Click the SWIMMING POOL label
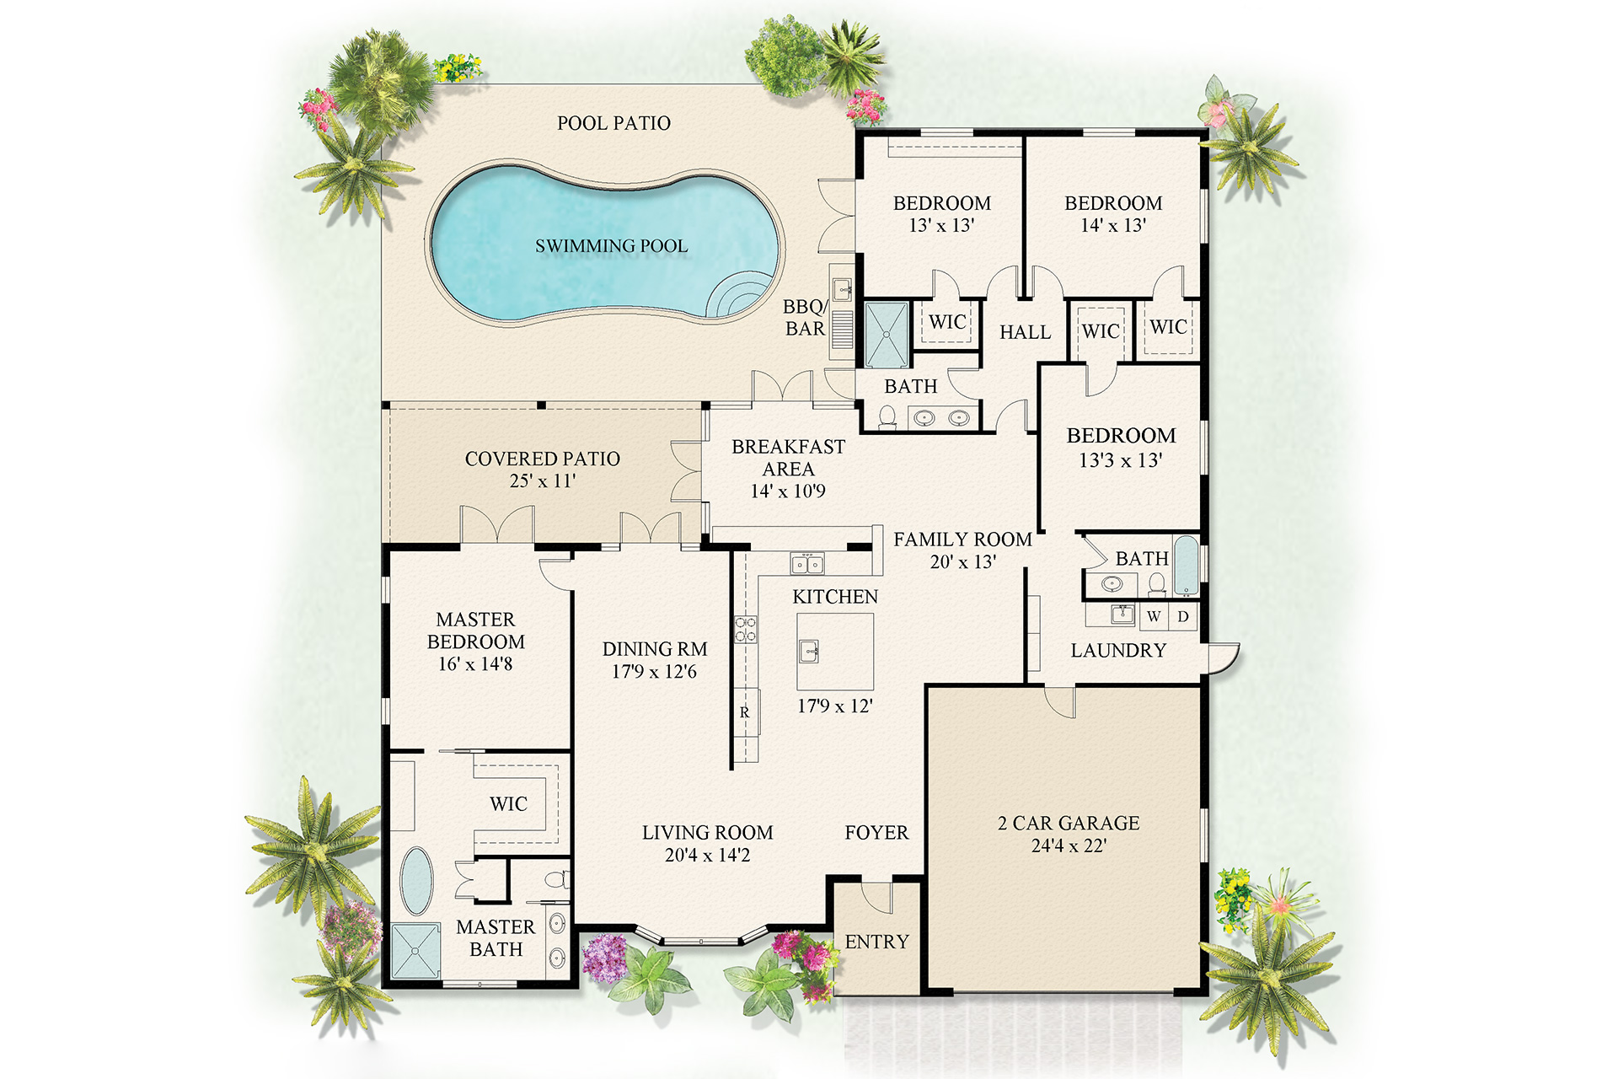[611, 246]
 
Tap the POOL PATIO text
[613, 123]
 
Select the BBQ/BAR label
[804, 318]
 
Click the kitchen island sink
[808, 651]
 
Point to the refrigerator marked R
[745, 712]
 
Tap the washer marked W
[1154, 616]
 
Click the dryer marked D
[1183, 616]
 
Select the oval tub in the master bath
[415, 881]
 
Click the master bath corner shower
[415, 951]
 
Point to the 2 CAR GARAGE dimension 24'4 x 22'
[1069, 845]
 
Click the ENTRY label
[876, 942]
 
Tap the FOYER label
[876, 833]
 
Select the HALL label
[1025, 332]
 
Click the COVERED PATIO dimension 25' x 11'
[542, 481]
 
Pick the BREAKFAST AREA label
[788, 458]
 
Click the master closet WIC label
[508, 804]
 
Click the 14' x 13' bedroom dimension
[1113, 225]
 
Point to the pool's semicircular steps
[737, 299]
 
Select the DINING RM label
[654, 649]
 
